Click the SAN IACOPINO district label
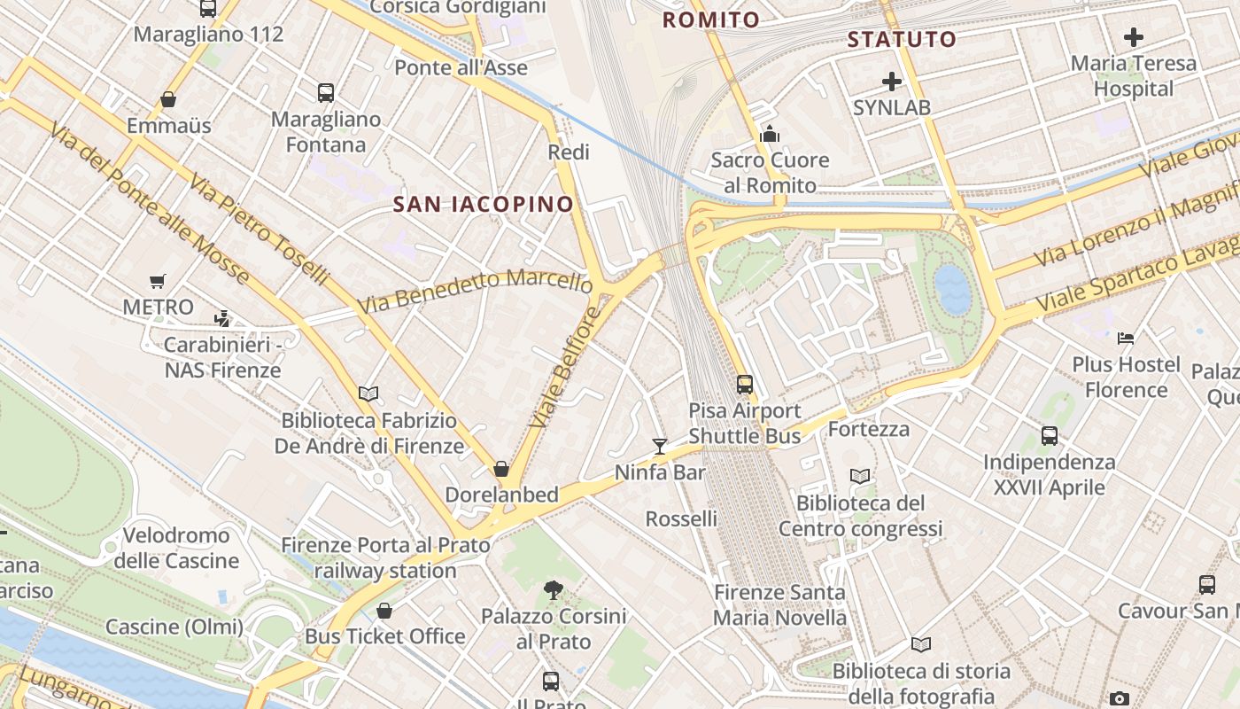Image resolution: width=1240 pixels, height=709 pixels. pyautogui.click(x=484, y=205)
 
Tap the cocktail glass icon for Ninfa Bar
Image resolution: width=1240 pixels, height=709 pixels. pyautogui.click(x=660, y=446)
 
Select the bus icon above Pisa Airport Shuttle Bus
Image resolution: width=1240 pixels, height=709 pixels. pyautogui.click(x=745, y=384)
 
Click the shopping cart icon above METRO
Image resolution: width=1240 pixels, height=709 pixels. pyautogui.click(x=158, y=282)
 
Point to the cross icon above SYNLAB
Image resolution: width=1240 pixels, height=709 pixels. pyautogui.click(x=892, y=82)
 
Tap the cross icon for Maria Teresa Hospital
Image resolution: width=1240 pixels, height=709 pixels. pyautogui.click(x=1133, y=37)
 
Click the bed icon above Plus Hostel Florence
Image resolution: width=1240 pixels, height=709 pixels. pyautogui.click(x=1126, y=338)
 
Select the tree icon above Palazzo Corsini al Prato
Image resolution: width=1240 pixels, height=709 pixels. pyautogui.click(x=554, y=589)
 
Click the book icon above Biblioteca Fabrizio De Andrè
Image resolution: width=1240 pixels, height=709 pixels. pyautogui.click(x=368, y=393)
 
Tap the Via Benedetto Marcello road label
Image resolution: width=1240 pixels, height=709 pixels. pyautogui.click(x=475, y=291)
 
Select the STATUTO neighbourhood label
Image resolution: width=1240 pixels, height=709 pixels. pyautogui.click(x=902, y=40)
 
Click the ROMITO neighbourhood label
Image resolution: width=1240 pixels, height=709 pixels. pyautogui.click(x=711, y=19)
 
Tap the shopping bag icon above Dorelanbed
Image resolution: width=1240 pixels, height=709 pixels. pyautogui.click(x=501, y=468)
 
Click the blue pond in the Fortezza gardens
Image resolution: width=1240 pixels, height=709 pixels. pyautogui.click(x=953, y=290)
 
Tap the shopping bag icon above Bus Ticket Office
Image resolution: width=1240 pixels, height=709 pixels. pyautogui.click(x=384, y=610)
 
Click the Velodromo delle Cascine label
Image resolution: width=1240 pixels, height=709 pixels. pyautogui.click(x=176, y=548)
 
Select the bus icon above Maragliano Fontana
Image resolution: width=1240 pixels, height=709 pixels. pyautogui.click(x=325, y=92)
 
